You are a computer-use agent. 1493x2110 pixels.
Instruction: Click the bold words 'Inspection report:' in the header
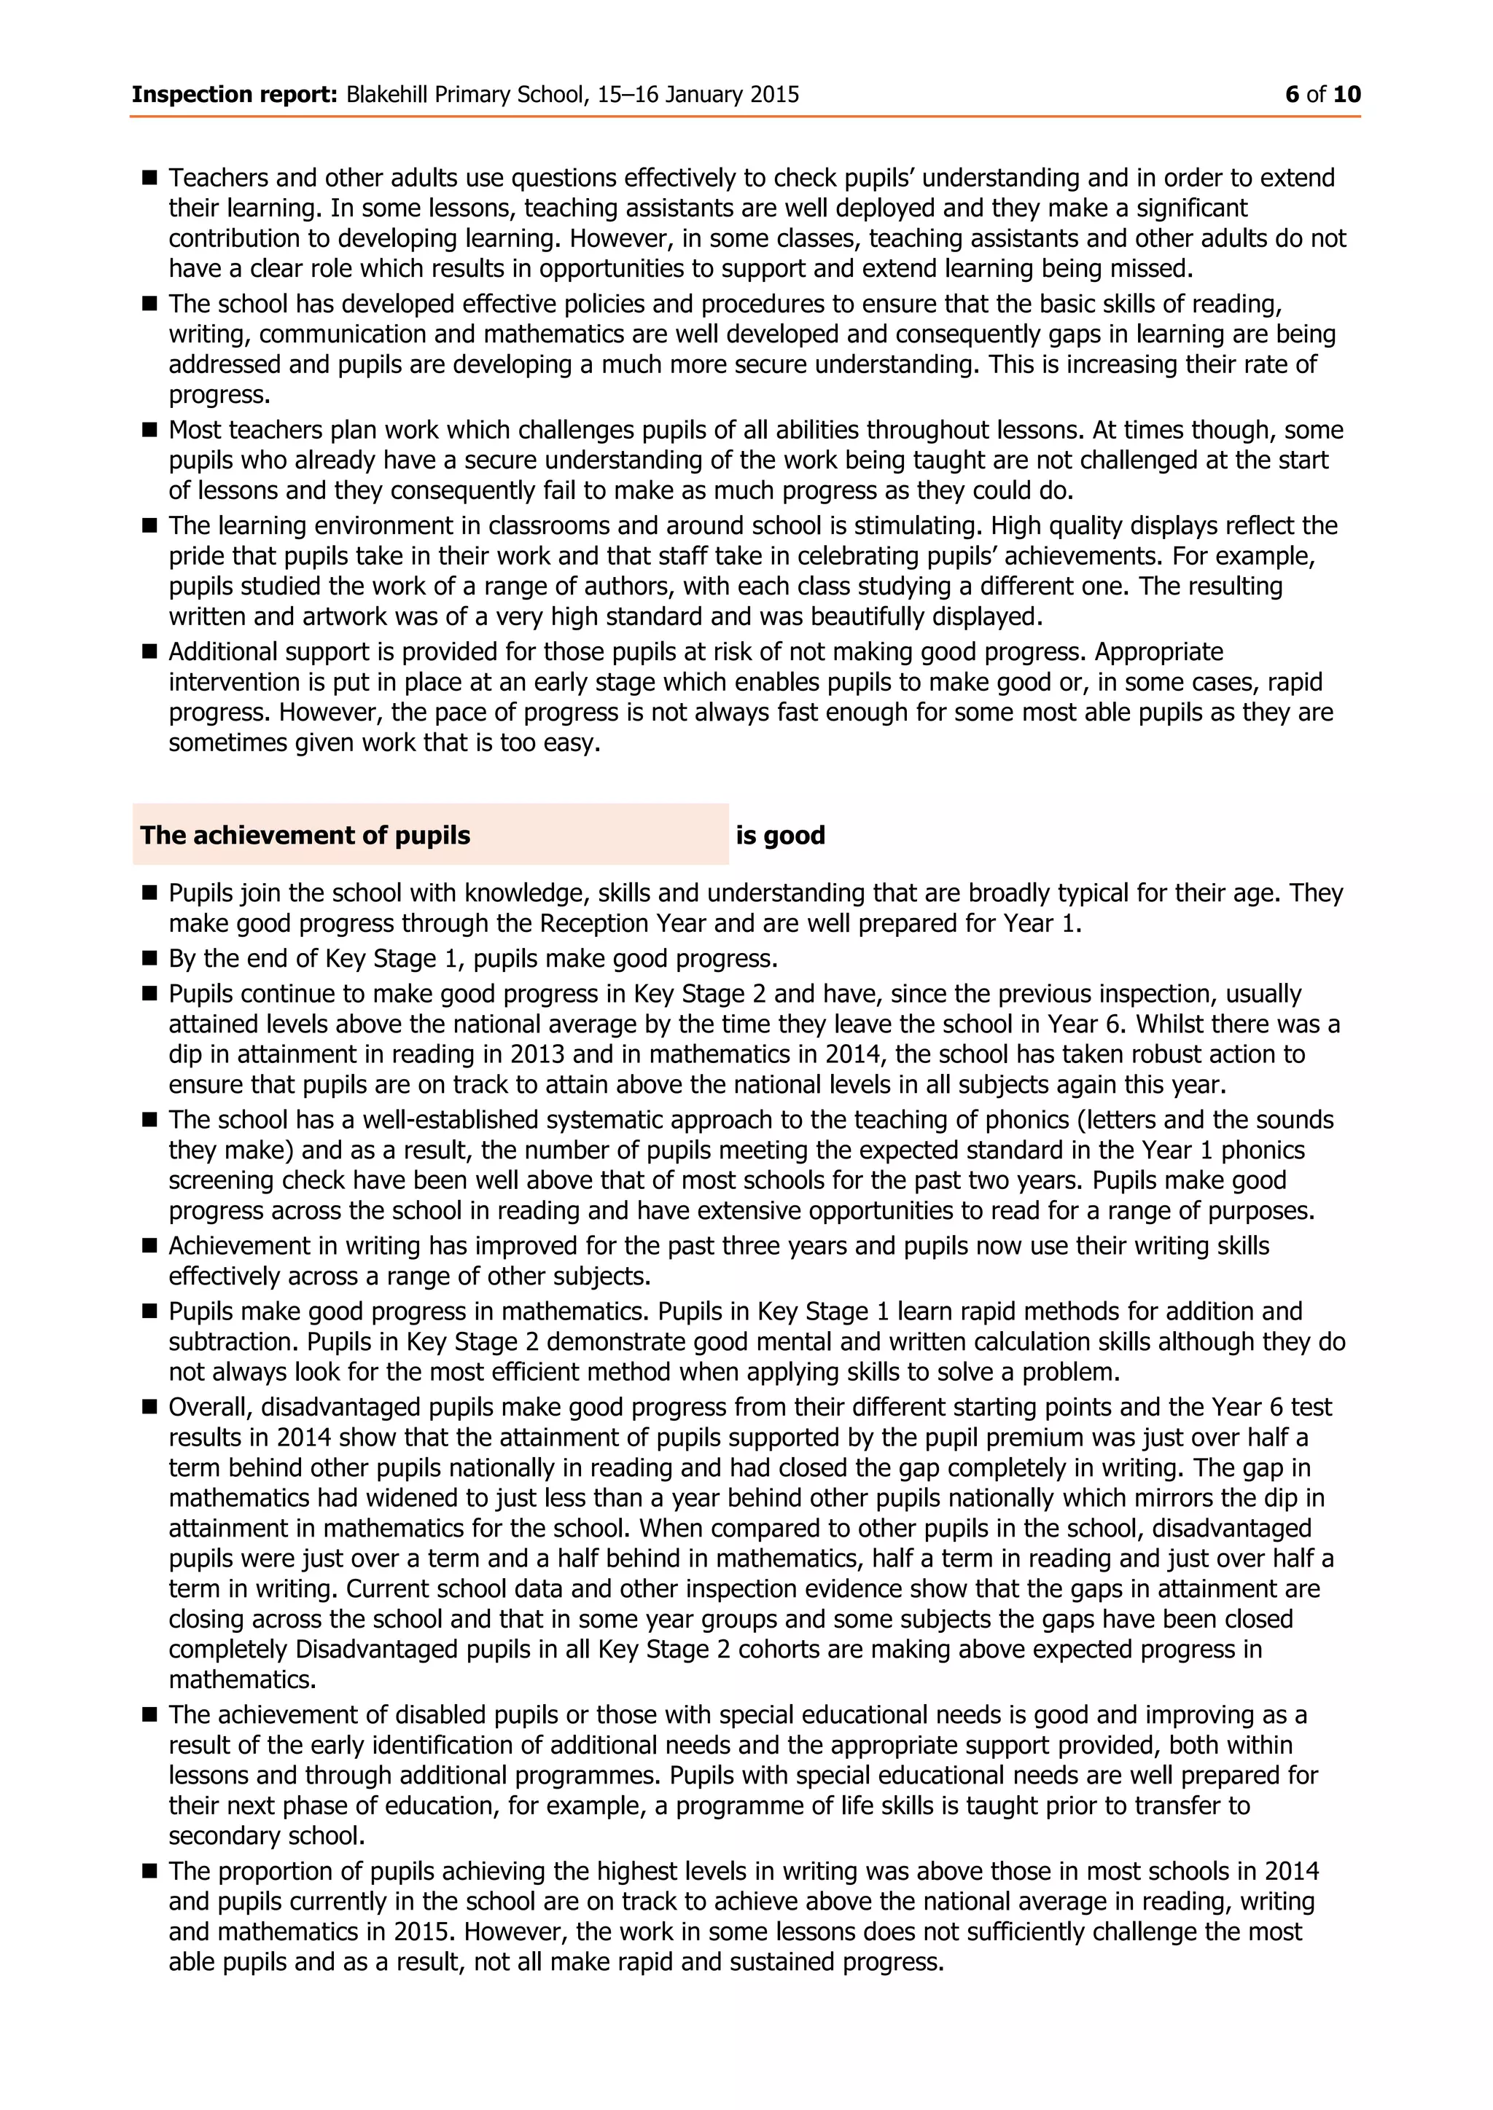235,95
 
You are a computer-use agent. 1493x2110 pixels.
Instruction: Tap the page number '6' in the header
1292,95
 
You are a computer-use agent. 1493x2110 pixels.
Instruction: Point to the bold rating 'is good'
779,836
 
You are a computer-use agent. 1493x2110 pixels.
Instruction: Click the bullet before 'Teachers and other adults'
150,176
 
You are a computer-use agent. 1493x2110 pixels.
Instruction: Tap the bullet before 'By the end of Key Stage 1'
150,959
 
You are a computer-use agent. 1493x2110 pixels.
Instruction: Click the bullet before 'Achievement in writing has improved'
150,1246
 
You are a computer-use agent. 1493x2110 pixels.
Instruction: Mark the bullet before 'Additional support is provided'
150,651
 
